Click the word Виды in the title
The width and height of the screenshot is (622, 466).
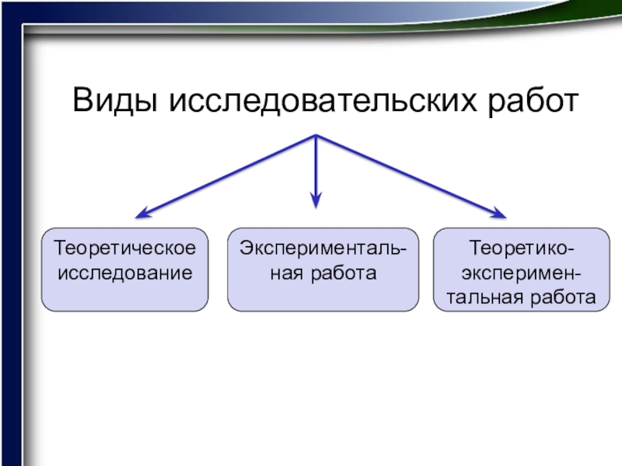(114, 101)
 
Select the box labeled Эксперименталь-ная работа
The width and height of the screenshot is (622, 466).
(322, 270)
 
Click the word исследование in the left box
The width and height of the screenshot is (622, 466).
(125, 273)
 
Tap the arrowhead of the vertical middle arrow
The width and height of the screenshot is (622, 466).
(316, 200)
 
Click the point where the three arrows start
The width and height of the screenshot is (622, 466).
(316, 136)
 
